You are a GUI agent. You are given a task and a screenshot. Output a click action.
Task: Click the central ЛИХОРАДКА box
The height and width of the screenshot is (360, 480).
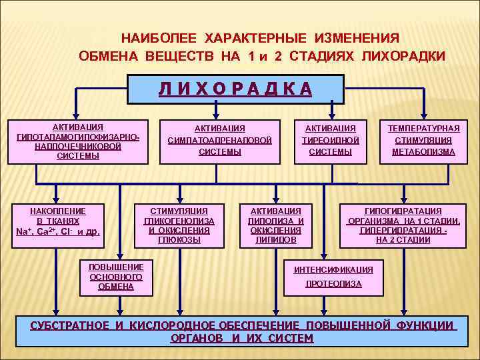pos(235,89)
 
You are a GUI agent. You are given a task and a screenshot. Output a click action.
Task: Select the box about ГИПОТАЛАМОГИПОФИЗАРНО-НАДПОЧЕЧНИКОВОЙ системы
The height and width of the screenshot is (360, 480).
pos(77,142)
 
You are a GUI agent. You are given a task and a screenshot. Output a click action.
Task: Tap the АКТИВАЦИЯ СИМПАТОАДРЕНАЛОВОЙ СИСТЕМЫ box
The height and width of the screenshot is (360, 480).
pos(220,141)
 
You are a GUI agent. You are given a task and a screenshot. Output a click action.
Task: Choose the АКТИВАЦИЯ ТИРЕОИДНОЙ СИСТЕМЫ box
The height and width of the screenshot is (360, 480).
pos(331,141)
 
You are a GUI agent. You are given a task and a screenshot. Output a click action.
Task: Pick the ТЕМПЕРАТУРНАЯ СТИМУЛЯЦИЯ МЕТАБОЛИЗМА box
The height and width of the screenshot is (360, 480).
pos(423,141)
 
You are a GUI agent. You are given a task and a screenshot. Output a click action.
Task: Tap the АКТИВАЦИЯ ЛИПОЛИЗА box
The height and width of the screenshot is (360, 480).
pos(276,225)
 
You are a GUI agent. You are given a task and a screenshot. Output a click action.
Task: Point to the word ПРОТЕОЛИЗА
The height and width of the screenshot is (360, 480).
pos(333,284)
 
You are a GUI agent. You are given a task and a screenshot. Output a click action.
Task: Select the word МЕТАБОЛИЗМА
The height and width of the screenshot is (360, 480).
pos(423,152)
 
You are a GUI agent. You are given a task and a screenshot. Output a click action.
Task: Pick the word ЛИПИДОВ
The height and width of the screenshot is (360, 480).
pos(276,240)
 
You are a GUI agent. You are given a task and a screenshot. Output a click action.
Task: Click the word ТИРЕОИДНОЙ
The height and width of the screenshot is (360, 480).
pos(331,141)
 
